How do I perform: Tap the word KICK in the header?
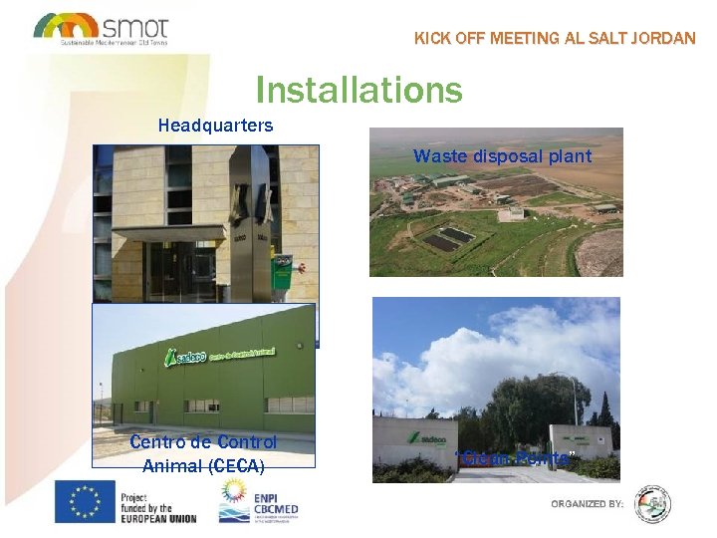432,39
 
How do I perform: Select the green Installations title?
358,90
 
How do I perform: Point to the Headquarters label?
215,127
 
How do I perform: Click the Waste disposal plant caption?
502,155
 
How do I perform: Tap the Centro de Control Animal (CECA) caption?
203,453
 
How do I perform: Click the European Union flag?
85,501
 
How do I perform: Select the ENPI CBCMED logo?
262,501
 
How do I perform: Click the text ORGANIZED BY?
588,504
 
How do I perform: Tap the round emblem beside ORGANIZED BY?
653,504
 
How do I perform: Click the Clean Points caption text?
515,459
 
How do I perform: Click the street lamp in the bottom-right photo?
573,399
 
